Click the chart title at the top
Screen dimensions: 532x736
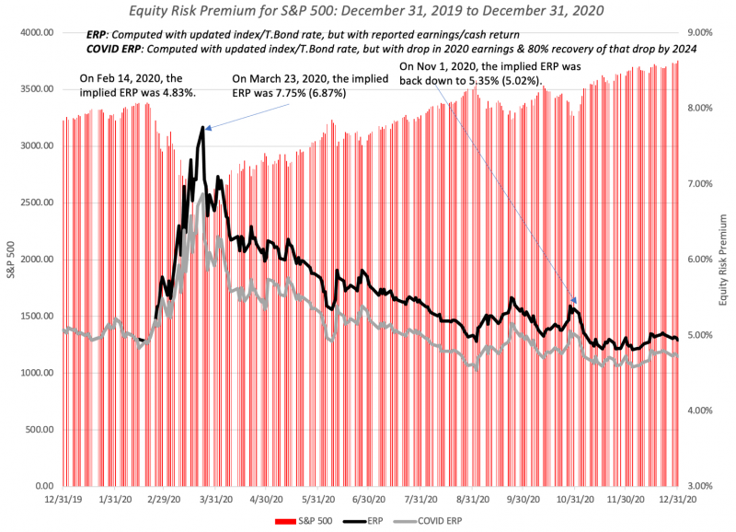(x=367, y=11)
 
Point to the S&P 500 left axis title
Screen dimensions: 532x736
(x=11, y=259)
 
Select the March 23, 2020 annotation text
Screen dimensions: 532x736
(x=289, y=86)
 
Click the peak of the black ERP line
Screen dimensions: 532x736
(x=201, y=128)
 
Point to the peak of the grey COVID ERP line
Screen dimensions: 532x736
(x=201, y=194)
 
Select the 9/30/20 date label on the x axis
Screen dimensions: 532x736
(x=521, y=499)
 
